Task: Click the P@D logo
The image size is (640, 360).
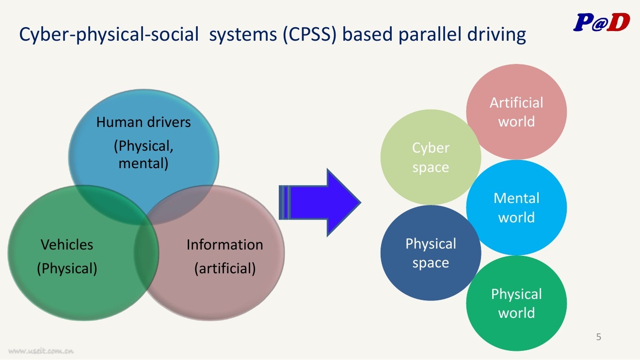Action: tap(601, 22)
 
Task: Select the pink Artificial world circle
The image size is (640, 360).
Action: tap(516, 112)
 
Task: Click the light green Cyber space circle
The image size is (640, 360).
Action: tap(431, 157)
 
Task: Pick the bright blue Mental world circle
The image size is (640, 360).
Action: tap(516, 208)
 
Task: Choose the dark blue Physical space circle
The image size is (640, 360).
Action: tap(431, 253)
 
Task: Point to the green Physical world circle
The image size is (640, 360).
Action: tap(516, 303)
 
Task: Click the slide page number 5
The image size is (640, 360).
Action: tap(599, 337)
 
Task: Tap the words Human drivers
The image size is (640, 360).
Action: tap(144, 122)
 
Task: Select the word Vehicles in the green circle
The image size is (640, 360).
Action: tap(67, 245)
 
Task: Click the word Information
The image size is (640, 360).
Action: tap(224, 245)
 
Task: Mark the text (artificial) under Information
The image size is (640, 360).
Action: tap(224, 268)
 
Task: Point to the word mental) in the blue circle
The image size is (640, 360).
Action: tap(144, 163)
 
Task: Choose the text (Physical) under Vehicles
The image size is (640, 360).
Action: tap(67, 268)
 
